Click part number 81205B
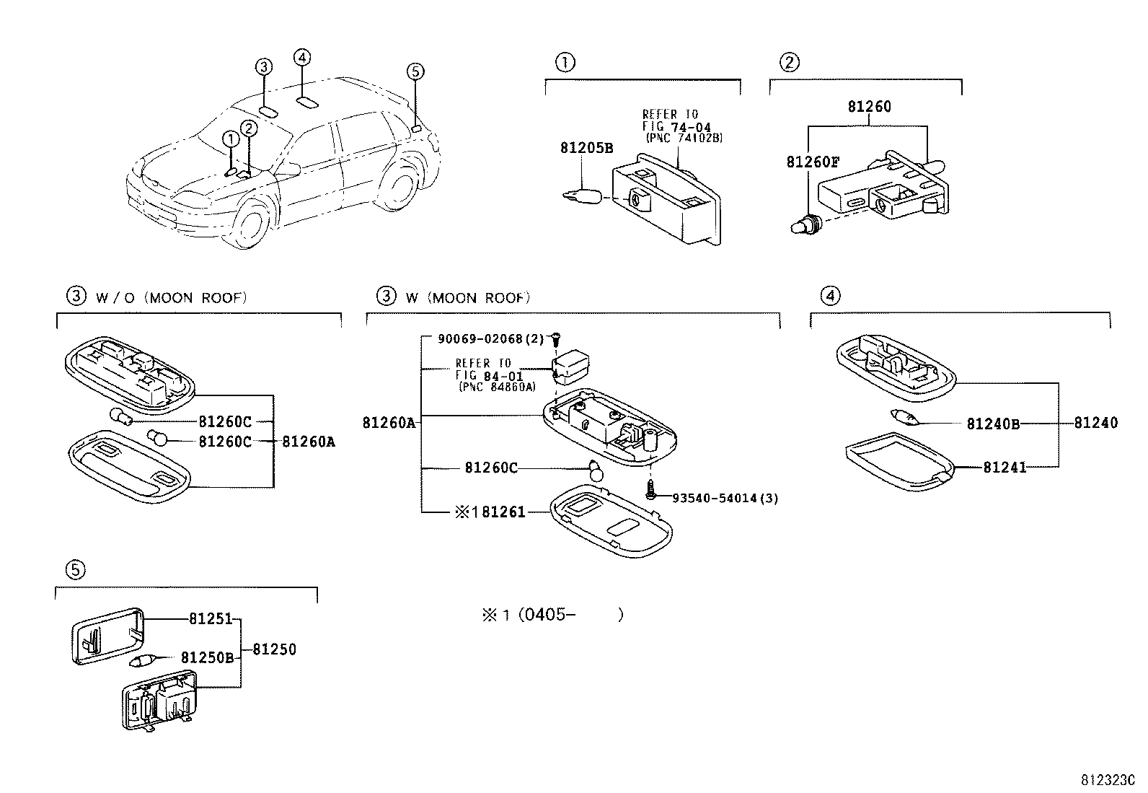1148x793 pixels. [x=586, y=149]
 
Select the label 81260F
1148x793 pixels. [x=813, y=162]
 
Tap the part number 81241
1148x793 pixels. [x=1004, y=468]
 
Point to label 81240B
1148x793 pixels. [x=993, y=424]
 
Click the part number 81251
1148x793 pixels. [x=211, y=618]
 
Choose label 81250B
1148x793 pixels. [x=207, y=657]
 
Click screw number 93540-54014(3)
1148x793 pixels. [x=725, y=498]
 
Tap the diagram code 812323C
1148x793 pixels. [x=1107, y=780]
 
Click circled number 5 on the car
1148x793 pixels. [x=415, y=71]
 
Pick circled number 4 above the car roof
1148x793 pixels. [x=302, y=58]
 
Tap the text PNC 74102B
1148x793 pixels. [x=684, y=138]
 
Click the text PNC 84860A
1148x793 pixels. [x=496, y=387]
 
